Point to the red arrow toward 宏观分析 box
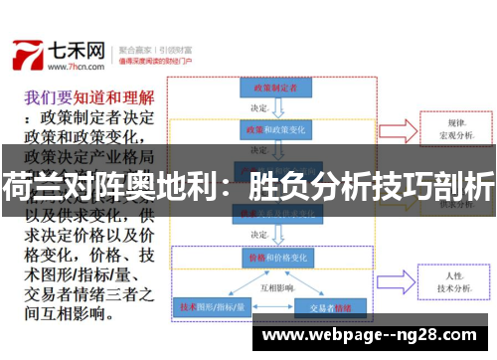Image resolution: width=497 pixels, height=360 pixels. point(399,129)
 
